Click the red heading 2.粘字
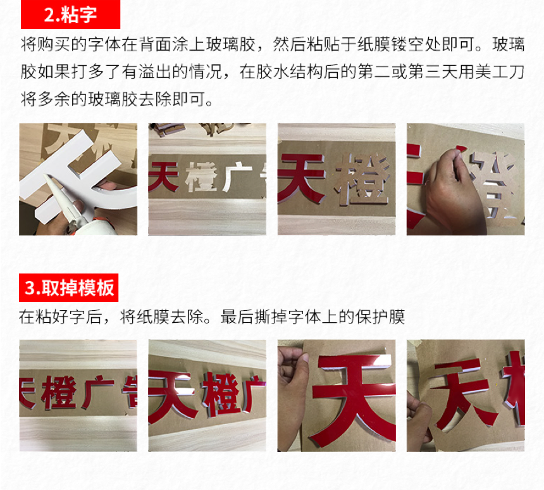pos(70,15)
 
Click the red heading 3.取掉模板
pos(69,287)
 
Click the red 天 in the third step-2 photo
pos(302,179)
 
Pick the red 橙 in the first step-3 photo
pos(59,393)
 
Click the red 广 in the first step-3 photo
pos(97,391)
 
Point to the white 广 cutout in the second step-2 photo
pos(238,178)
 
